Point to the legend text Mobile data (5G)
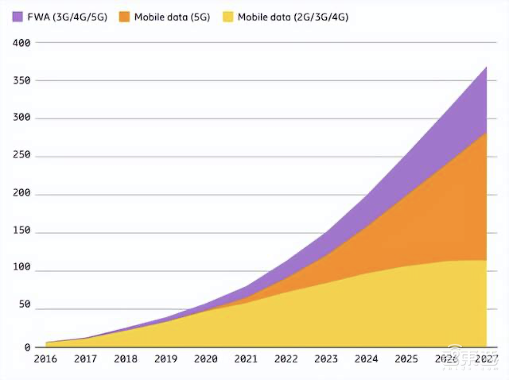click(x=172, y=17)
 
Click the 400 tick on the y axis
click(x=21, y=43)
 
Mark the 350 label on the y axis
click(x=21, y=80)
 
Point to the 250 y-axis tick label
click(x=21, y=156)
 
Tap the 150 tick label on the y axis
click(x=21, y=231)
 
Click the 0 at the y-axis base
click(x=27, y=347)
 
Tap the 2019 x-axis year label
click(x=165, y=359)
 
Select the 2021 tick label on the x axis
click(x=246, y=359)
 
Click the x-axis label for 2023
click(x=326, y=359)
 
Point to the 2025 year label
click(x=407, y=359)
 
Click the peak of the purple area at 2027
click(x=486, y=67)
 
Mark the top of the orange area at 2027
click(x=486, y=133)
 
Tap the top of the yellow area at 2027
click(x=486, y=260)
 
